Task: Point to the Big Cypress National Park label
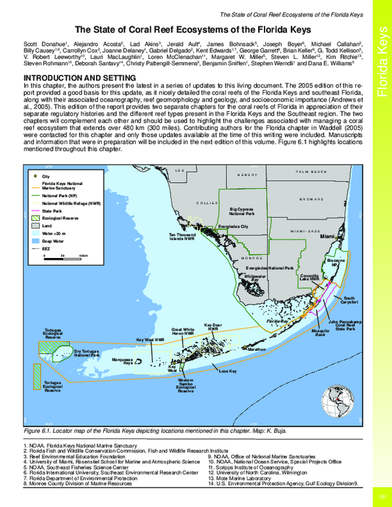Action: (242, 212)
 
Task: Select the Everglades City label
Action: (233, 227)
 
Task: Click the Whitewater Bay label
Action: (251, 278)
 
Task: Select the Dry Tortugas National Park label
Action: (86, 353)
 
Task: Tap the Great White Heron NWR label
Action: (182, 331)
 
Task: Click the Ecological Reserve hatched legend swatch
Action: (36, 218)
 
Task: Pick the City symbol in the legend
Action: (36, 176)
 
